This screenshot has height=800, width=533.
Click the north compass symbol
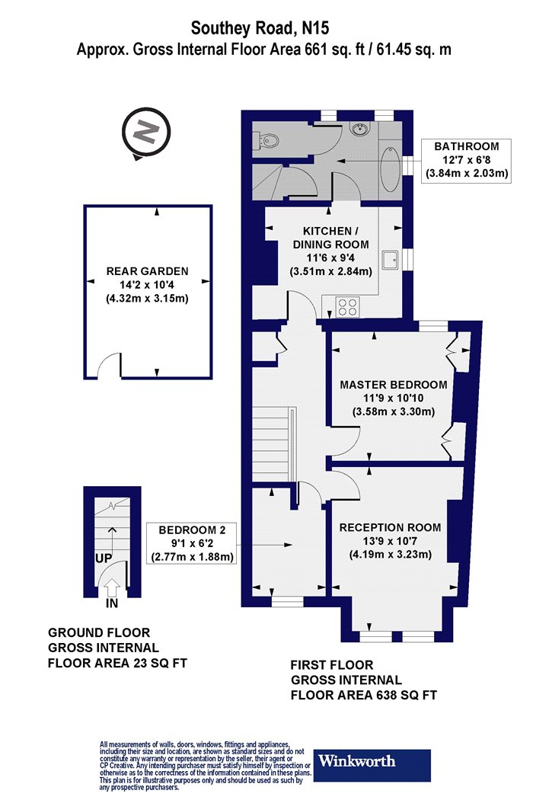(146, 133)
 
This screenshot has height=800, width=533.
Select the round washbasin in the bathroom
(361, 129)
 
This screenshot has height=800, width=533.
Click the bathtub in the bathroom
(391, 169)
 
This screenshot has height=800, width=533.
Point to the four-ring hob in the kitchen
(347, 307)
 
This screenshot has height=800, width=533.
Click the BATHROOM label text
(467, 146)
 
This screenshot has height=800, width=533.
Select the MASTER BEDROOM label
(394, 385)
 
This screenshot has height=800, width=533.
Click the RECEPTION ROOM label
(391, 527)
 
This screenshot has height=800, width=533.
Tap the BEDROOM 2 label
(192, 530)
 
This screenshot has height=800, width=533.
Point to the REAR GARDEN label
(148, 271)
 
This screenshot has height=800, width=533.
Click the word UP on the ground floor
(104, 558)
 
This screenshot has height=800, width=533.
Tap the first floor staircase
(274, 444)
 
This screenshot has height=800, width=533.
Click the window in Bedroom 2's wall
(286, 603)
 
